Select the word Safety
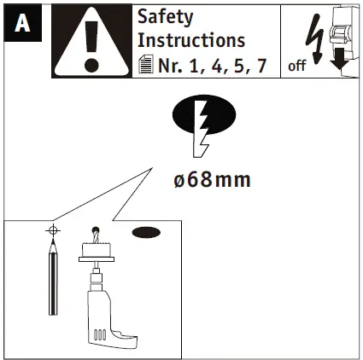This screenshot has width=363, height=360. (166, 17)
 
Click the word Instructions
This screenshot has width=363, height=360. (191, 40)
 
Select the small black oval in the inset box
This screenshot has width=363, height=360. (146, 232)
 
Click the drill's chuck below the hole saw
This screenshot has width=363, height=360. (97, 270)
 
